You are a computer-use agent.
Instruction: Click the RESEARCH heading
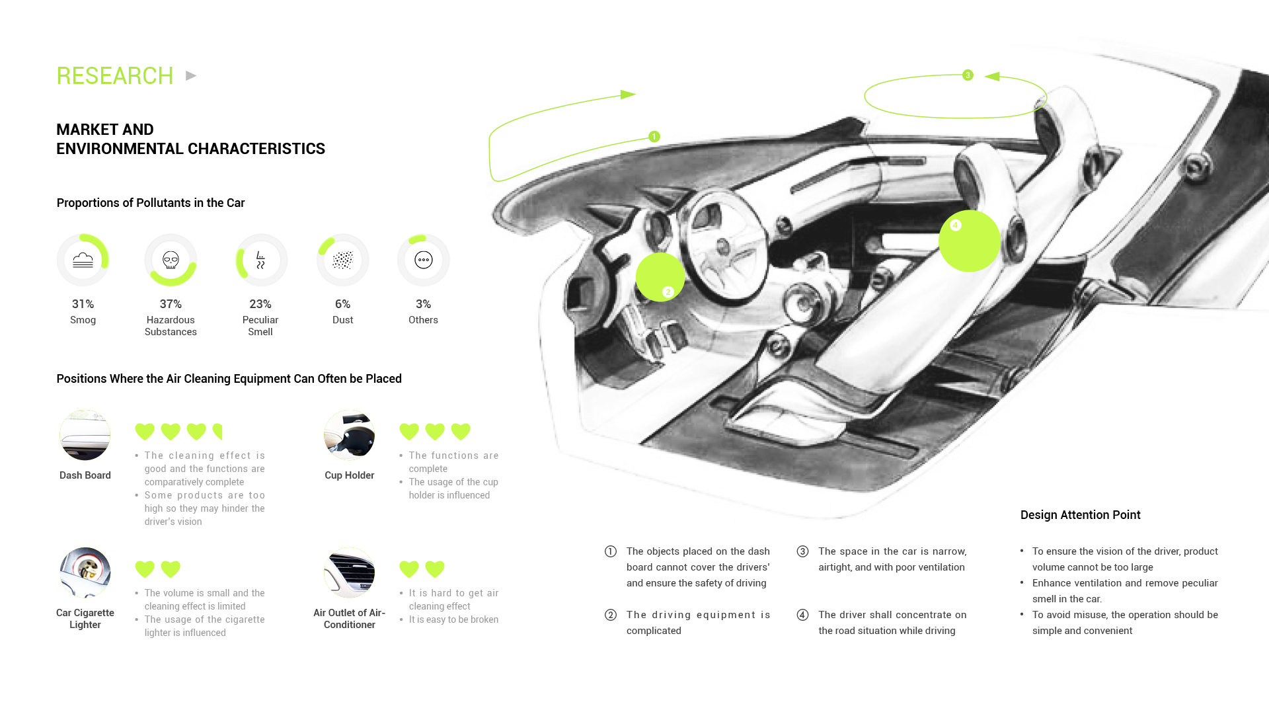click(x=114, y=76)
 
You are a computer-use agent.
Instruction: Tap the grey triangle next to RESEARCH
click(x=191, y=76)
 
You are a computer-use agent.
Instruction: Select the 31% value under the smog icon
click(x=83, y=304)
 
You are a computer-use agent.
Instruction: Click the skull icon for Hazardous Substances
click(x=171, y=260)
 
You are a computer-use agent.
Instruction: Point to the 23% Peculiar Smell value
click(x=260, y=304)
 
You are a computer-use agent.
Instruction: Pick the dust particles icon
click(x=342, y=260)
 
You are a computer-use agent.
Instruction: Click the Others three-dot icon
click(x=423, y=260)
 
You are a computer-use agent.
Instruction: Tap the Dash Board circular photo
click(x=85, y=434)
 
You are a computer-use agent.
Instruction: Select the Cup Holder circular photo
click(x=349, y=434)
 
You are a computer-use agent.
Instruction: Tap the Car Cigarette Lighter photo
click(x=85, y=572)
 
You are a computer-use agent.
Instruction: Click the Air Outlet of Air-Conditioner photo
click(x=349, y=572)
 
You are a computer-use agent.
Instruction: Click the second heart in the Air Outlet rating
click(x=435, y=569)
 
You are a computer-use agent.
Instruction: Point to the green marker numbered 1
click(x=654, y=136)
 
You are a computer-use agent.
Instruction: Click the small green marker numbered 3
click(x=968, y=75)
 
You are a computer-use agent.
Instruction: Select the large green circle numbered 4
click(x=970, y=241)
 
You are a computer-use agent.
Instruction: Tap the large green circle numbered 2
click(x=660, y=277)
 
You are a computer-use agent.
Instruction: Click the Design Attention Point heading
click(x=1080, y=515)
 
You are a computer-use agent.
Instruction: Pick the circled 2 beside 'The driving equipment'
click(x=611, y=615)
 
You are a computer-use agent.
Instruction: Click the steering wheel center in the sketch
click(x=722, y=247)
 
